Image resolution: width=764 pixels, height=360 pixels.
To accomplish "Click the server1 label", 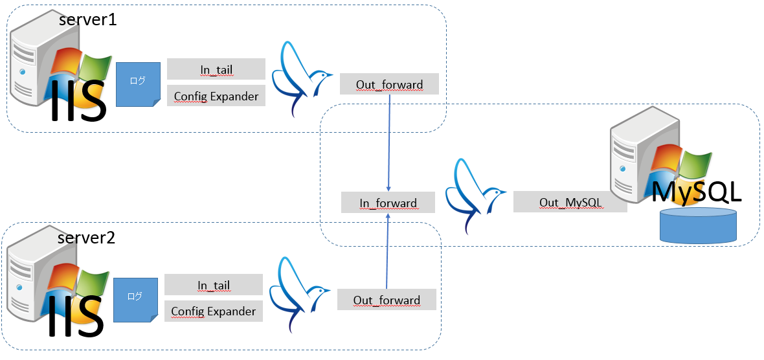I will (87, 19).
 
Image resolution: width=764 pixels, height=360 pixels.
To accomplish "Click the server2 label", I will (86, 238).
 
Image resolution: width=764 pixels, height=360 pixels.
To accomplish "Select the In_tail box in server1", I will (216, 69).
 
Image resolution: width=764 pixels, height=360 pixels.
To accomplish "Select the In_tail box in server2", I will (214, 285).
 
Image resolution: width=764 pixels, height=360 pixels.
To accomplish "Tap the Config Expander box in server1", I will (216, 96).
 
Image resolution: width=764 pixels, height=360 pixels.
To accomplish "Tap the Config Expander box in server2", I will (214, 311).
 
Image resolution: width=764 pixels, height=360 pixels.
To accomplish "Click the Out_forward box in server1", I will (389, 84).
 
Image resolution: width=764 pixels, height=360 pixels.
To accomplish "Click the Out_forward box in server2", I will (387, 300).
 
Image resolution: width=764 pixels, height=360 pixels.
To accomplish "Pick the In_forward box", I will (388, 203).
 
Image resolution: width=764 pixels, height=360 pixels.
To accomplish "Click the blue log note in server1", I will (138, 84).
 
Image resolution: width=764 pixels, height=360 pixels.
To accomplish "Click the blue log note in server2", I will (135, 300).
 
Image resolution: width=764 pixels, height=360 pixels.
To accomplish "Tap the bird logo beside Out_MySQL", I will (474, 193).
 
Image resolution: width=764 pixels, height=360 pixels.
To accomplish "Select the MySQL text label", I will (695, 192).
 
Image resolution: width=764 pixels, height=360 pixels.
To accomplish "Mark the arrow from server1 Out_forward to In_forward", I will (389, 142).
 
